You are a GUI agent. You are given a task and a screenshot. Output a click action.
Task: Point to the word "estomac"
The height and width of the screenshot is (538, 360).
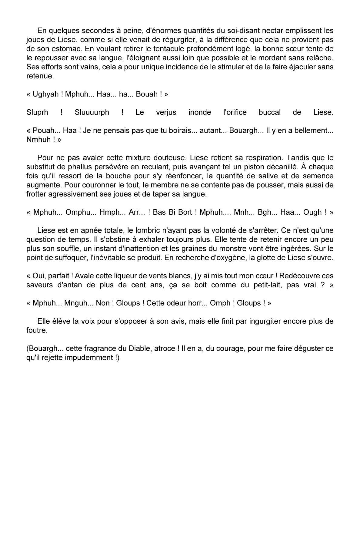click(x=60, y=49)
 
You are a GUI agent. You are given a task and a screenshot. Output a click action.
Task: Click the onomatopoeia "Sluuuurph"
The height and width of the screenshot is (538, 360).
click(x=92, y=112)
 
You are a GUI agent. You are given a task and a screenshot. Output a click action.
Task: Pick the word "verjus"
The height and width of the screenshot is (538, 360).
click(x=166, y=112)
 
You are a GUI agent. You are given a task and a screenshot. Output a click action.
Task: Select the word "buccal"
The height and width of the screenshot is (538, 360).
click(x=270, y=112)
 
